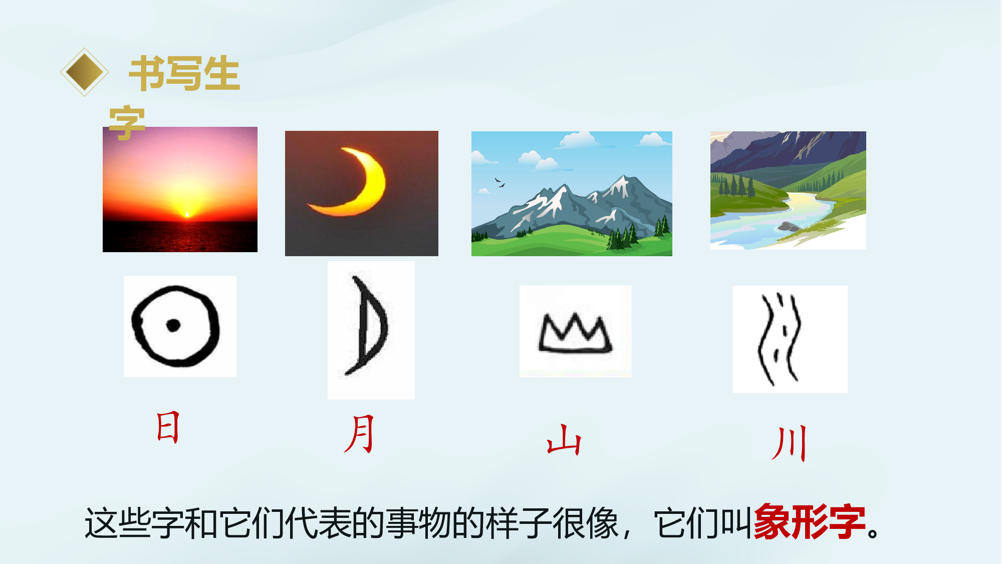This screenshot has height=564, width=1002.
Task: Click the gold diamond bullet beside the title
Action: tap(85, 72)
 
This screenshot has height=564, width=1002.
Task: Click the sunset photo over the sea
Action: tap(180, 189)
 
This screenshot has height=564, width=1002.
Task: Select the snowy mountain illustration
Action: tap(572, 194)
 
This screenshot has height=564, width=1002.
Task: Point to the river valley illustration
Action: tap(788, 191)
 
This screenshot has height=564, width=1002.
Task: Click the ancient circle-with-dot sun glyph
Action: tap(175, 326)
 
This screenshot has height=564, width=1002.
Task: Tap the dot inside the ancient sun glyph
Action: tap(173, 325)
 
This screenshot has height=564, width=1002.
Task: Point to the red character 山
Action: tap(564, 440)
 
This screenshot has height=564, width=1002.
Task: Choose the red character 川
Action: tap(790, 443)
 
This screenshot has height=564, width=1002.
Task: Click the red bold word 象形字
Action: tap(810, 522)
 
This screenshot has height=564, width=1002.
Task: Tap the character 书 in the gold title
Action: tap(147, 73)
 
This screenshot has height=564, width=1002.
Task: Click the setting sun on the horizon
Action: tap(187, 215)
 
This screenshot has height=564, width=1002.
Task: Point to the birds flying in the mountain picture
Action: tap(499, 182)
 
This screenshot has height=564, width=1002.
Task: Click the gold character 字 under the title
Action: tap(127, 123)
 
